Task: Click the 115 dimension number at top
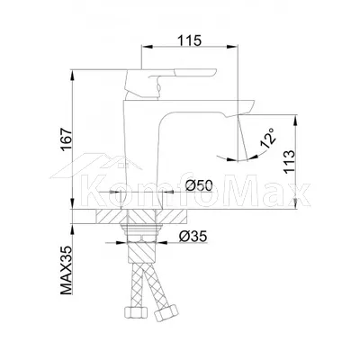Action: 189,40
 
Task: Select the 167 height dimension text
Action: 67,139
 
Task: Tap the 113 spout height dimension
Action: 290,161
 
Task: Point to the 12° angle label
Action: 268,139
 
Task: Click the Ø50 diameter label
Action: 199,186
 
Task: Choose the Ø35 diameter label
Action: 193,237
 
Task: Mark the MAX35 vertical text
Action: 67,270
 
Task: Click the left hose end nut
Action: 135,313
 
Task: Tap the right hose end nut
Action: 166,312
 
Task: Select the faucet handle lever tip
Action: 215,71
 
